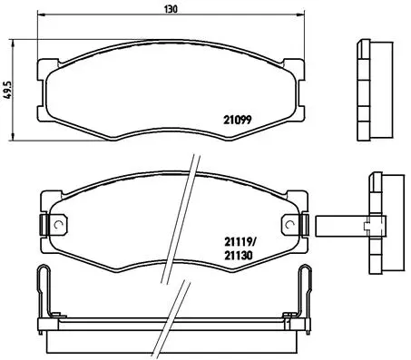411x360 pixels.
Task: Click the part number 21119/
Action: pos(241,241)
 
